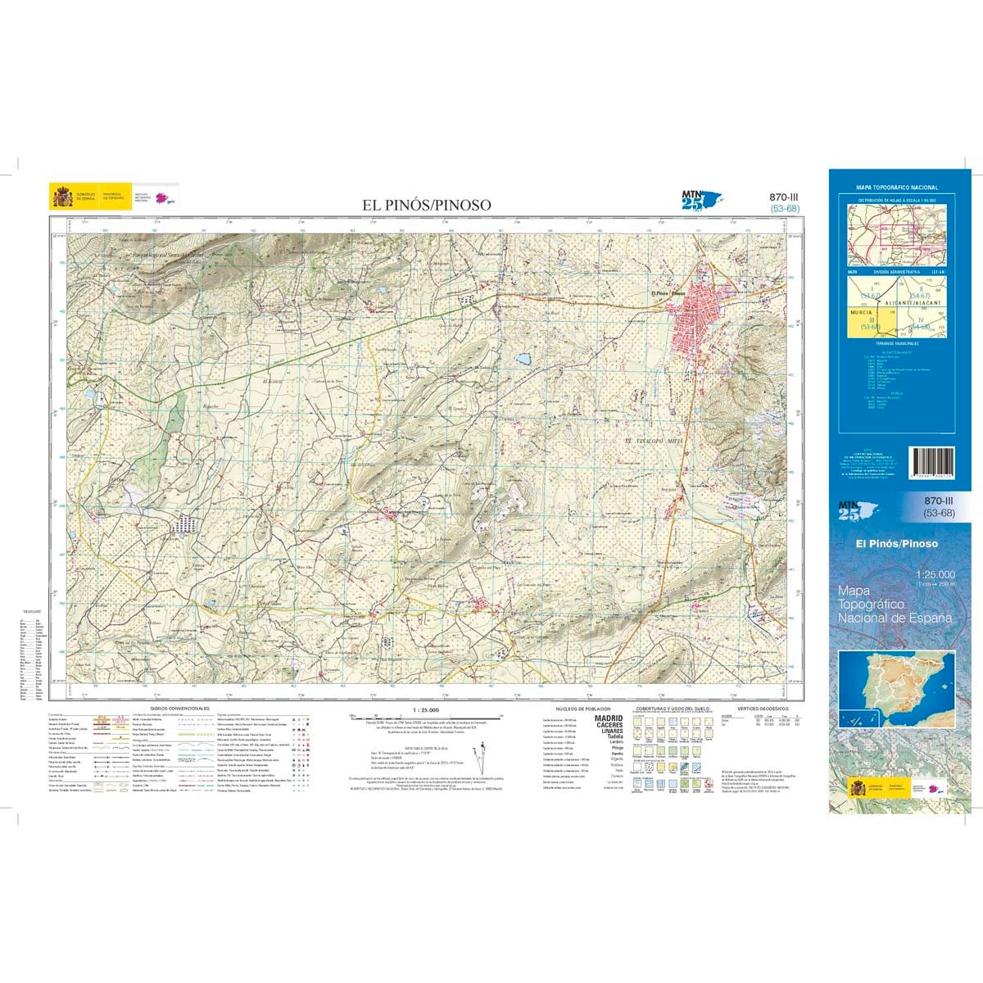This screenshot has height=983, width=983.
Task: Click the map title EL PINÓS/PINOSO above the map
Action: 428,205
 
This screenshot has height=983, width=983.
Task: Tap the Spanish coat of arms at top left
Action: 62,197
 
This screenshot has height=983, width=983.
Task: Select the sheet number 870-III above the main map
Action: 784,197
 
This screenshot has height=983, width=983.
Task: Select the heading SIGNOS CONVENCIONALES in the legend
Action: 180,708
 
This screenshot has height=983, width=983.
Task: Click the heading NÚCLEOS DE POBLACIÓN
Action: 579,708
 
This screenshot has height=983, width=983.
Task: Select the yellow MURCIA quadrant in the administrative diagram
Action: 864,319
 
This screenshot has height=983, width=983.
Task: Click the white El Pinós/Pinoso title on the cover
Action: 896,543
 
